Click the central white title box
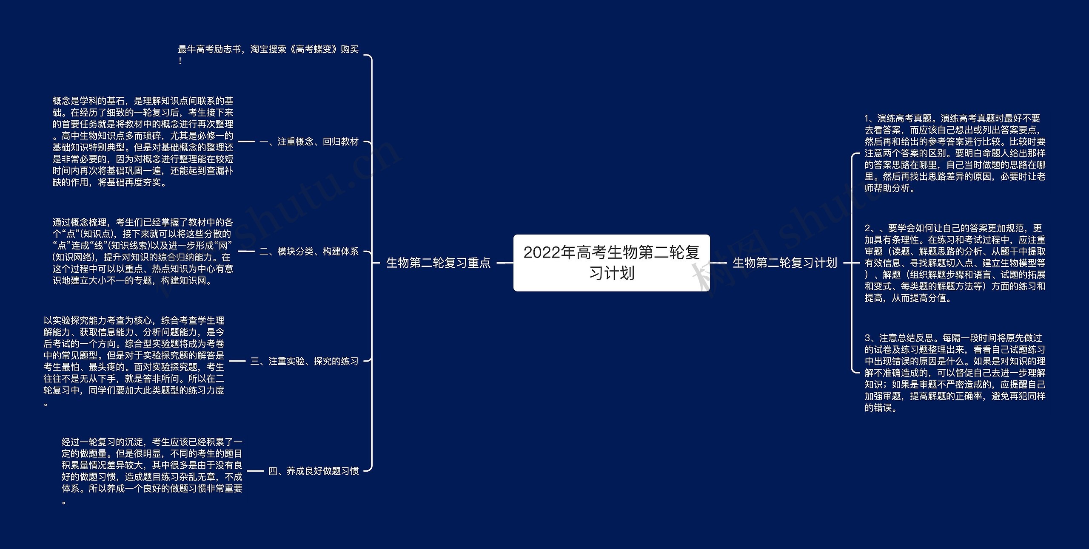click(611, 263)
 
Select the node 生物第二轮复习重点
click(438, 263)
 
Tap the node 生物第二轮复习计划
click(785, 263)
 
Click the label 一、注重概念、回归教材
click(309, 141)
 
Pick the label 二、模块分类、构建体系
click(309, 252)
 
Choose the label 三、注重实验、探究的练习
click(305, 361)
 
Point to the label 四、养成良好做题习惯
click(314, 471)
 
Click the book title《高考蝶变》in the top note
click(314, 49)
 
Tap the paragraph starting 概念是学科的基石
click(143, 141)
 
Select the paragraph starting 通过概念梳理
click(143, 251)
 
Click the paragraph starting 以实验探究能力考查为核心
click(134, 361)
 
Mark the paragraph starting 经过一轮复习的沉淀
click(152, 471)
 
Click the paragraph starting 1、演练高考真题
click(955, 153)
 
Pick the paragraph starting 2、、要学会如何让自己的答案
click(955, 263)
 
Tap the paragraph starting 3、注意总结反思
click(955, 373)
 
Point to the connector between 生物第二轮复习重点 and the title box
click(505, 263)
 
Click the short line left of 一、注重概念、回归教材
click(246, 141)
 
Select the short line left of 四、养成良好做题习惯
click(255, 471)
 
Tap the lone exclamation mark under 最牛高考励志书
click(180, 61)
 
